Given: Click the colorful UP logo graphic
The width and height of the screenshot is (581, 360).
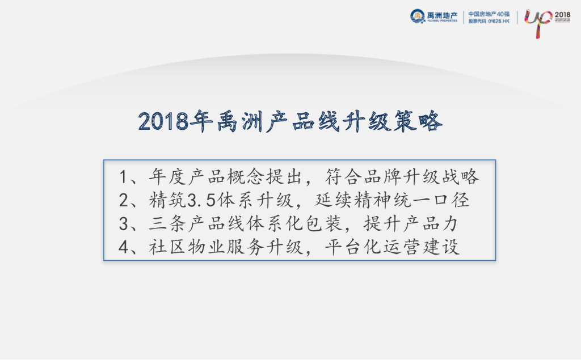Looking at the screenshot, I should pyautogui.click(x=537, y=22).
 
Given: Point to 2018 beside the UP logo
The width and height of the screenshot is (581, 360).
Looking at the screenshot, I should pyautogui.click(x=562, y=14).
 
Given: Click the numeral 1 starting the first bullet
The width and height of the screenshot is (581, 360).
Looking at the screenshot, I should pyautogui.click(x=124, y=177).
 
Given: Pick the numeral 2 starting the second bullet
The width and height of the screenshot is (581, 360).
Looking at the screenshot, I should pyautogui.click(x=124, y=200).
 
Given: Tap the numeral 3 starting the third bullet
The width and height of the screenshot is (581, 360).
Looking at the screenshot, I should pyautogui.click(x=124, y=224).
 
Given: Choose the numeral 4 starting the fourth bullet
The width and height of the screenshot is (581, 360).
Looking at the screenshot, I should pyautogui.click(x=124, y=248).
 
